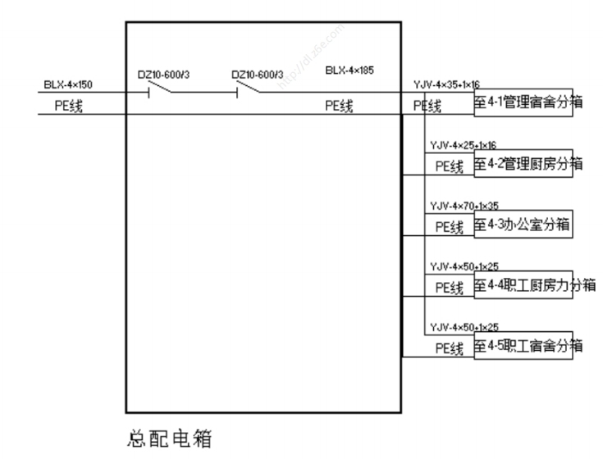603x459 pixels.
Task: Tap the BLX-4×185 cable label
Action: pyautogui.click(x=349, y=71)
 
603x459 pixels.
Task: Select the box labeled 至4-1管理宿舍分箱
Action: pyautogui.click(x=522, y=104)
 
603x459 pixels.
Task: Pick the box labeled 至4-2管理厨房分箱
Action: pyautogui.click(x=522, y=164)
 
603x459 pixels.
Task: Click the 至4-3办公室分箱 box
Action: pyautogui.click(x=522, y=225)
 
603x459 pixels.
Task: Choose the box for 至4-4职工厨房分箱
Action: pyautogui.click(x=522, y=285)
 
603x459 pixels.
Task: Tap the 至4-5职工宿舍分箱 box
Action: pyautogui.click(x=522, y=346)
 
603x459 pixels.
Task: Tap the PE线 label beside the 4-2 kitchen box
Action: pyautogui.click(x=450, y=166)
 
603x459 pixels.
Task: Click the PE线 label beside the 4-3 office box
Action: pyautogui.click(x=450, y=227)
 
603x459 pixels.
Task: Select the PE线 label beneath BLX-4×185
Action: pyautogui.click(x=339, y=106)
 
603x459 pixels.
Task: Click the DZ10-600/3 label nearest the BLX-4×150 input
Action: pyautogui.click(x=165, y=75)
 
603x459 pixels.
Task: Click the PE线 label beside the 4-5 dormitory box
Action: pyautogui.click(x=450, y=348)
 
